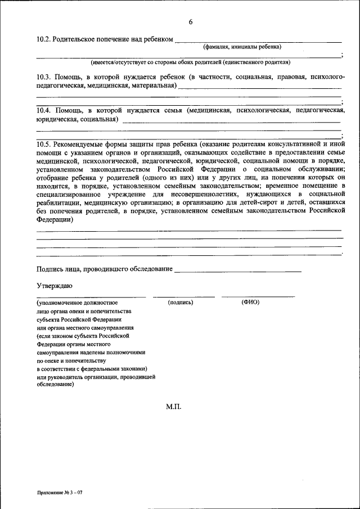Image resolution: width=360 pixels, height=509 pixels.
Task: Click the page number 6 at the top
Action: click(190, 22)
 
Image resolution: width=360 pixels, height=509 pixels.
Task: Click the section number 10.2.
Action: click(43, 39)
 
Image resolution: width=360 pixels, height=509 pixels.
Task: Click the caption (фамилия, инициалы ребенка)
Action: click(242, 47)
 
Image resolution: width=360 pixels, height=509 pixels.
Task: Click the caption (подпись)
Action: click(181, 303)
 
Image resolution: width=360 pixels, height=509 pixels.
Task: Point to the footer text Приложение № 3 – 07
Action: click(60, 492)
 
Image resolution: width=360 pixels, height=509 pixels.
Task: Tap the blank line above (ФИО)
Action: click(258, 296)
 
